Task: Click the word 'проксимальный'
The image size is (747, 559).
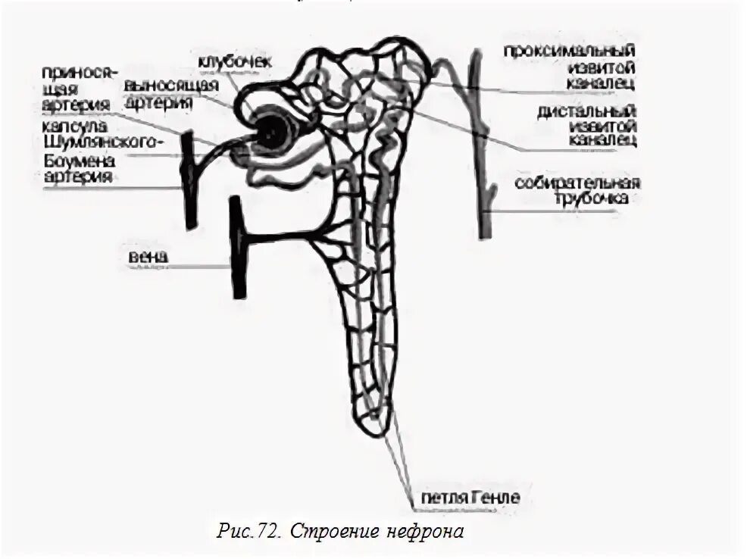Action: [x=570, y=50]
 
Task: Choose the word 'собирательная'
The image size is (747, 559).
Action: [x=577, y=184]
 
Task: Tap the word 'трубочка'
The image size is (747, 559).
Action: [x=595, y=199]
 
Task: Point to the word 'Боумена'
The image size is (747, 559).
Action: [x=73, y=161]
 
